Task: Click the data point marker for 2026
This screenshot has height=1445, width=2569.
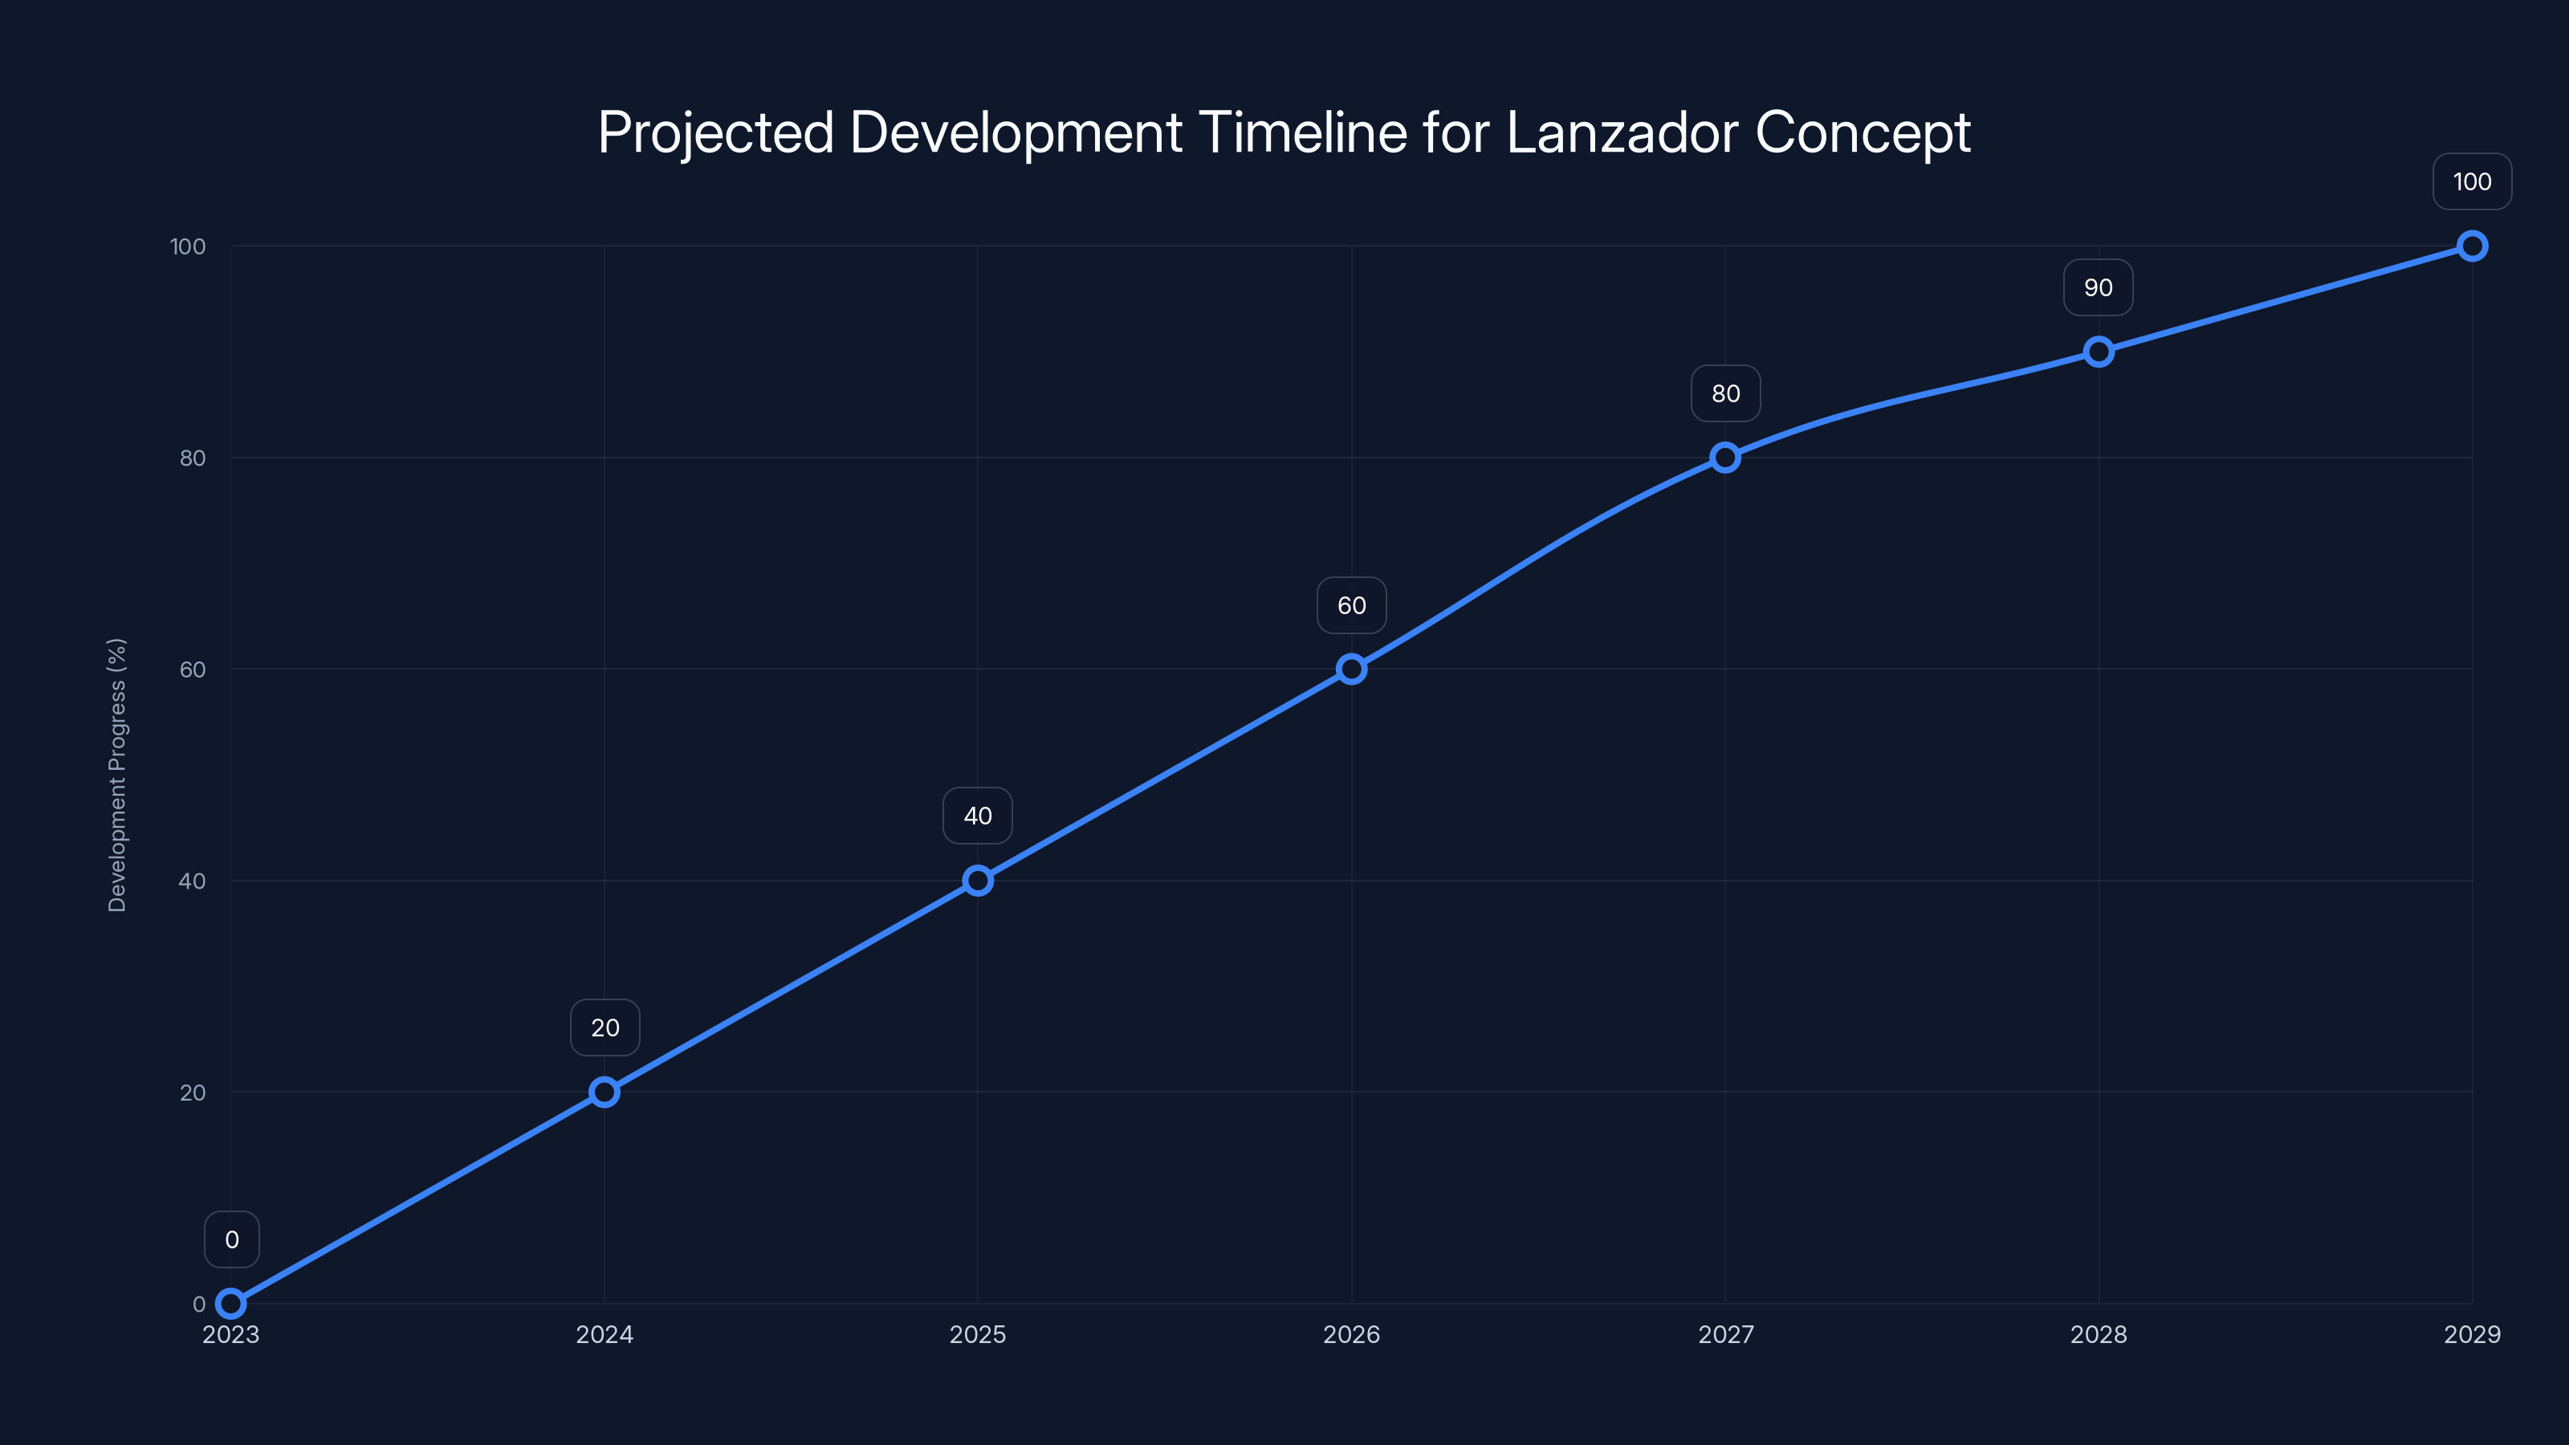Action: click(1351, 670)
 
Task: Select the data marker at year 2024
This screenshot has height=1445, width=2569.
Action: click(605, 1092)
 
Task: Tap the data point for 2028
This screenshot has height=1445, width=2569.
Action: click(2099, 352)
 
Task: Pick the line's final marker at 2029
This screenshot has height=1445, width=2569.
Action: click(2471, 246)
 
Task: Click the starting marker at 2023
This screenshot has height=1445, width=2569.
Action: click(230, 1304)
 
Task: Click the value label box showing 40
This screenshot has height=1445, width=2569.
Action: click(977, 816)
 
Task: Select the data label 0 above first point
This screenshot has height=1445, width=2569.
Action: click(231, 1239)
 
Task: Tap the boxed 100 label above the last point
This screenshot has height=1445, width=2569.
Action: click(2471, 181)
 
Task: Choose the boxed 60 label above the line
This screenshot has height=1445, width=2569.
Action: click(1351, 605)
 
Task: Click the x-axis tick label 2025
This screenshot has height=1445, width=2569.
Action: click(977, 1334)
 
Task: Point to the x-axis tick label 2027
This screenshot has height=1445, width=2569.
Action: click(1725, 1334)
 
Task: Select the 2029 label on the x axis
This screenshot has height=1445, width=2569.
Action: click(2471, 1334)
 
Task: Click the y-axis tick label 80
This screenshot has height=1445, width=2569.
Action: click(193, 458)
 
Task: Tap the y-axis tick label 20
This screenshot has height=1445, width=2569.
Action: click(193, 1093)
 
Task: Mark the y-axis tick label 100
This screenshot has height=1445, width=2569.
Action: click(188, 246)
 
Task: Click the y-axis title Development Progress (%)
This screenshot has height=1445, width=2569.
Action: click(116, 775)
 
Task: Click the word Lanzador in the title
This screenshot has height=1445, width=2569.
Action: click(1622, 132)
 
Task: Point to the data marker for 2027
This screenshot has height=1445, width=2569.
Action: click(1725, 458)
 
